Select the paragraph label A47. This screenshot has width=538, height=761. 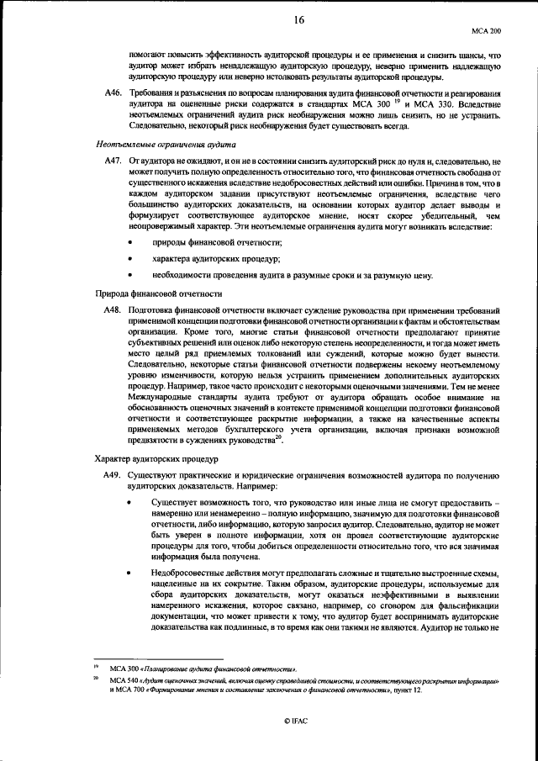tap(112, 161)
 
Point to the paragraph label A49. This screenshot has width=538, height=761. tap(112, 477)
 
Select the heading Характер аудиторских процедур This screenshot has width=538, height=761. tap(156, 460)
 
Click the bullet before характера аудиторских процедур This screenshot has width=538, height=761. tap(130, 259)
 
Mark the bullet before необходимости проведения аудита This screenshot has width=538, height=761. tap(130, 275)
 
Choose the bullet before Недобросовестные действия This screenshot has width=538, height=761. tap(130, 572)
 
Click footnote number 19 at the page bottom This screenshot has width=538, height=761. tap(98, 666)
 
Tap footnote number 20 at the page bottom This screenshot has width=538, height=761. tap(98, 678)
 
